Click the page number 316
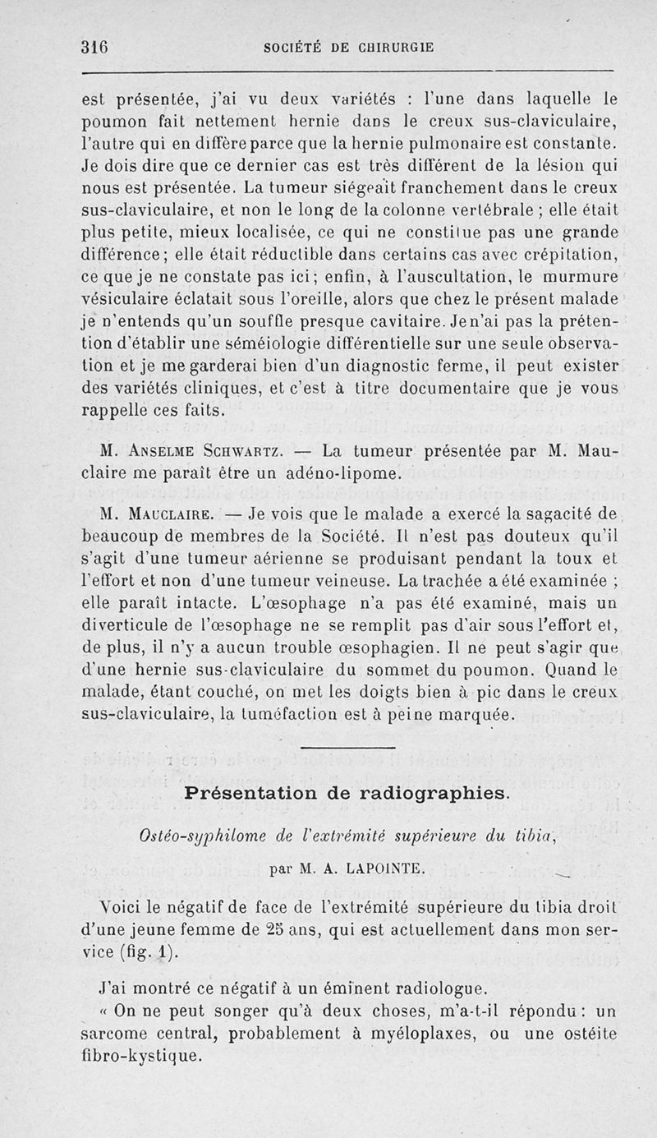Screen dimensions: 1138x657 (96, 47)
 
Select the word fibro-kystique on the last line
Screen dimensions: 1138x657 (140, 1056)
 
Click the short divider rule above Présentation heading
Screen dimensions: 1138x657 (347, 747)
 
